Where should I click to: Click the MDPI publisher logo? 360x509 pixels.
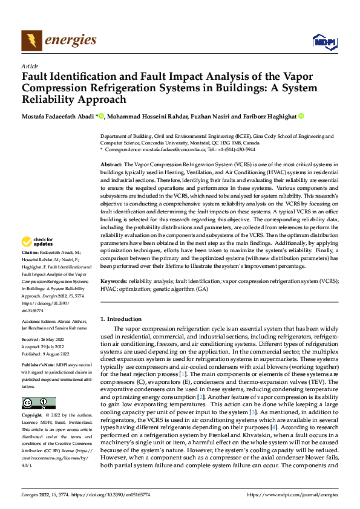(x=324, y=41)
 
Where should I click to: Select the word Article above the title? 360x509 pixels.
(x=30, y=66)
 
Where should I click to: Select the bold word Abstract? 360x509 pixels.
(x=113, y=164)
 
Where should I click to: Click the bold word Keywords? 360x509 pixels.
(x=114, y=282)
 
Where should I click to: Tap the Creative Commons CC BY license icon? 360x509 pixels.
(x=38, y=403)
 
